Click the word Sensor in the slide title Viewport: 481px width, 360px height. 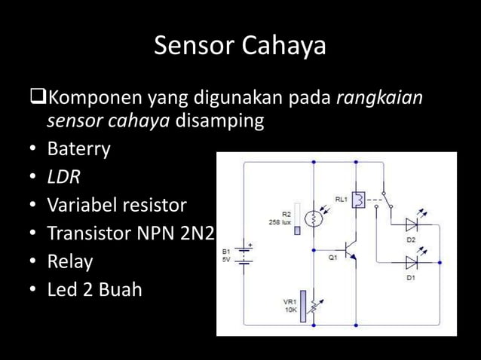click(195, 47)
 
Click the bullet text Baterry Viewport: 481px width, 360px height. click(78, 149)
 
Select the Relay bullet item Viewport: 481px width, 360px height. click(70, 261)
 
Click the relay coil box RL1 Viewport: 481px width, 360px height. click(360, 200)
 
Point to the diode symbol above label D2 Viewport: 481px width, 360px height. click(412, 224)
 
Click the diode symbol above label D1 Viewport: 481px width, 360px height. click(412, 263)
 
